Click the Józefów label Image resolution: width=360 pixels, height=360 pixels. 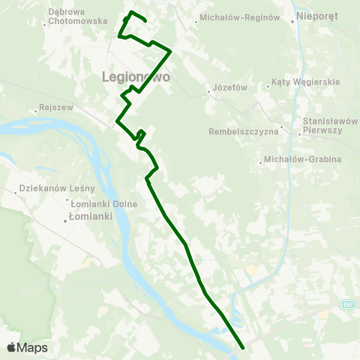[x=230, y=87]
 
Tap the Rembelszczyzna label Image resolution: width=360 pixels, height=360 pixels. [x=244, y=132]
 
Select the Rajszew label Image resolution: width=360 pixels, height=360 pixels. [x=58, y=107]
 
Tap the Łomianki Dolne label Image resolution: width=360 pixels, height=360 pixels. [x=101, y=202]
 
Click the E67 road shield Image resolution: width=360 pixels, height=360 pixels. [x=346, y=304]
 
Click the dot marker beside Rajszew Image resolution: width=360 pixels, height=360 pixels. [x=35, y=111]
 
